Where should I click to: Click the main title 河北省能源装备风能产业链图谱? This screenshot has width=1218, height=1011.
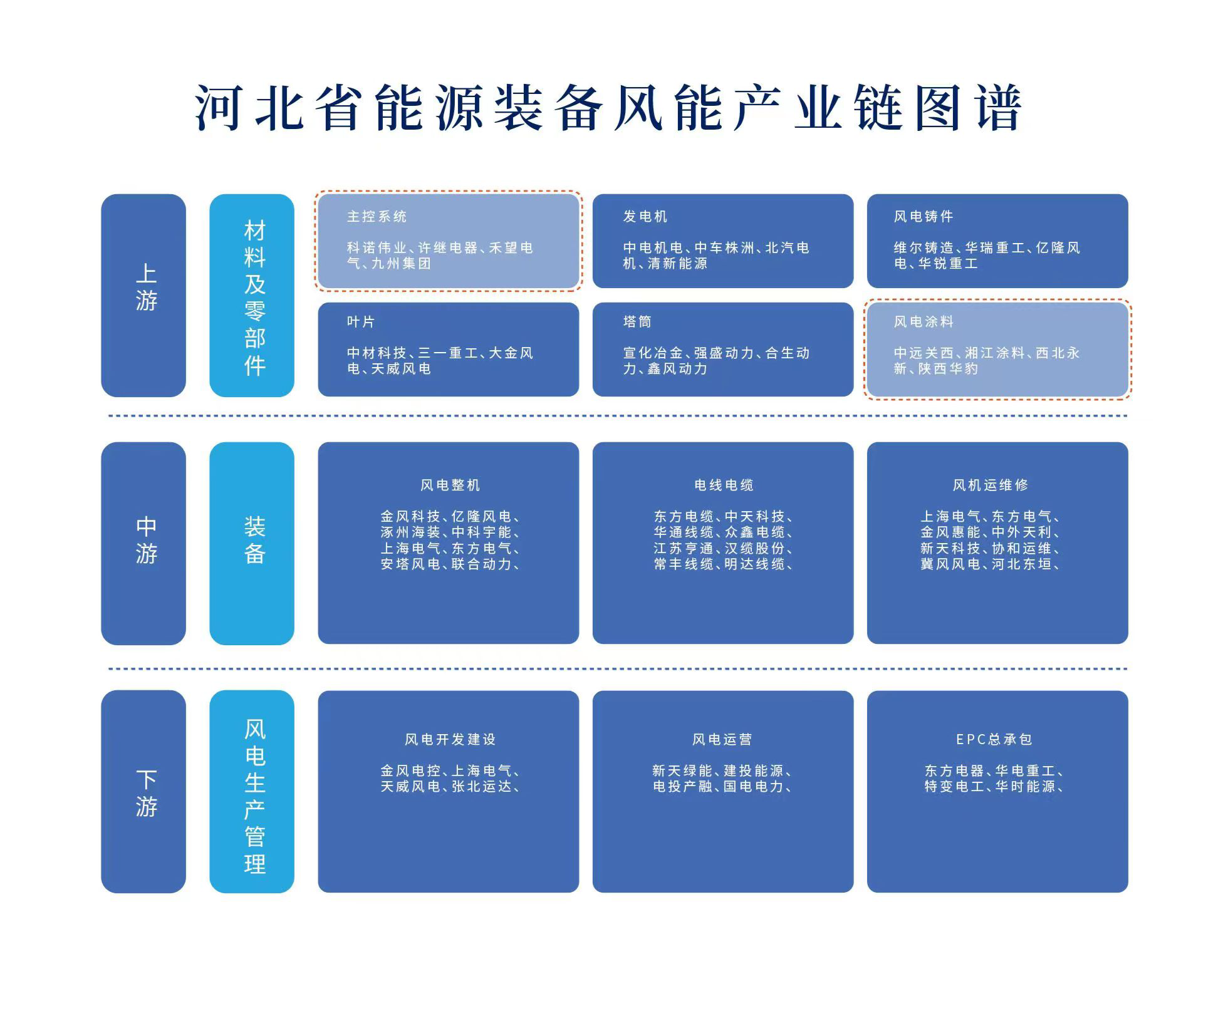(608, 108)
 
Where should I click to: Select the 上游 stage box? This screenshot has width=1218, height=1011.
(143, 295)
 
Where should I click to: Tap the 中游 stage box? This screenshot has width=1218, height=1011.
(143, 543)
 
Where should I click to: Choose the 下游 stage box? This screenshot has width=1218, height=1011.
(143, 791)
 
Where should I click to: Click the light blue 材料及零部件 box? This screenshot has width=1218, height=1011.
(252, 295)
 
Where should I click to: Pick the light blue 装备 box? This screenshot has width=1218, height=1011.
(252, 543)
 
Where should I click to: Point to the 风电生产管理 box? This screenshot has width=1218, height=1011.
(252, 791)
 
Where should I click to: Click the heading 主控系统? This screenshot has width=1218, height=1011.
(377, 217)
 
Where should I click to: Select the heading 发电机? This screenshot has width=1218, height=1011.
(645, 217)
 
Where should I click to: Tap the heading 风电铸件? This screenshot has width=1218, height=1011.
(924, 217)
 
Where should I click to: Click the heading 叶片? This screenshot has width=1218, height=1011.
(361, 322)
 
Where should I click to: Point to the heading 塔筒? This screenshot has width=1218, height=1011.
(637, 322)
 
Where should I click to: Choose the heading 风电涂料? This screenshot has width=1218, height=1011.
(924, 322)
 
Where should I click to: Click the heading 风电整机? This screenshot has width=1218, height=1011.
(450, 485)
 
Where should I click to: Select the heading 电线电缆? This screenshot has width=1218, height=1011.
(724, 485)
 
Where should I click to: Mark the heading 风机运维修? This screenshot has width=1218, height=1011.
(991, 485)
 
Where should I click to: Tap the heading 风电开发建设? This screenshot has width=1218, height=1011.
(450, 740)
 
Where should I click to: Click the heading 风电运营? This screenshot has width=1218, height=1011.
(722, 740)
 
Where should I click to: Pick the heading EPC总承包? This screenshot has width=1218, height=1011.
(994, 740)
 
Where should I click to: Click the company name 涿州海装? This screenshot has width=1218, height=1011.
(410, 532)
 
